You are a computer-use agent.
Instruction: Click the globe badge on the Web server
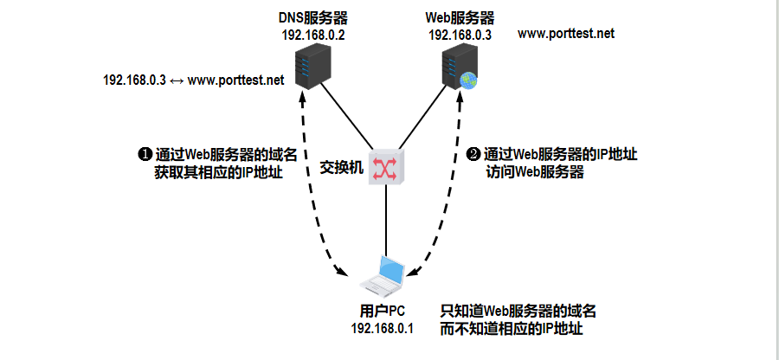pyautogui.click(x=468, y=80)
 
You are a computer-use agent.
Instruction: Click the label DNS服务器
pyautogui.click(x=312, y=18)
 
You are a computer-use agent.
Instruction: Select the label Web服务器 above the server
pyautogui.click(x=460, y=18)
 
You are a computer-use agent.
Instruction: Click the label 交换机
pyautogui.click(x=341, y=166)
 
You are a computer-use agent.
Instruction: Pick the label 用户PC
pyautogui.click(x=382, y=312)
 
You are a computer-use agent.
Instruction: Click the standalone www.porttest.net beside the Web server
pyautogui.click(x=566, y=33)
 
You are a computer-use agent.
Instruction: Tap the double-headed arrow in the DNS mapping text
pyautogui.click(x=177, y=80)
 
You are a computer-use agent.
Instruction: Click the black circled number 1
pyautogui.click(x=145, y=155)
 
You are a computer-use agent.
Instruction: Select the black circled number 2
pyautogui.click(x=473, y=155)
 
